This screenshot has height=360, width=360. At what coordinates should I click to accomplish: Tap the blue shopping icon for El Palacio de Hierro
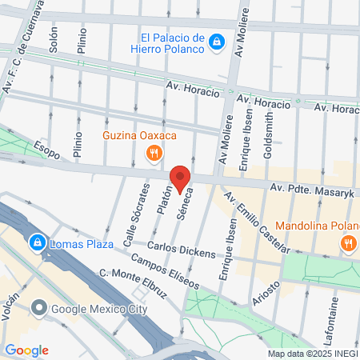point(216,42)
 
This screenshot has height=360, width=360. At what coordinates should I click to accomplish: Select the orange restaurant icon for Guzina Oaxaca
point(156,151)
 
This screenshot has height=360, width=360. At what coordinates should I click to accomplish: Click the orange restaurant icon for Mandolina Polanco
point(348,243)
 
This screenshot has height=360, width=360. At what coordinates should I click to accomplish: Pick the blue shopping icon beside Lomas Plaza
point(37,242)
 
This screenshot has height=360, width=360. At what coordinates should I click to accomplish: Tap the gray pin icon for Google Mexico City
point(37,308)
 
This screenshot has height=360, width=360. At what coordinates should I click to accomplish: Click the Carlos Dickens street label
point(181,250)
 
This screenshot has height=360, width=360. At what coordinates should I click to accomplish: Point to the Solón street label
point(53,40)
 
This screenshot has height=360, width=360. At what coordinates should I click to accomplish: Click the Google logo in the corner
point(26,350)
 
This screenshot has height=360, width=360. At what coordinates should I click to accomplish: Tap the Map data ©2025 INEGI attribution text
point(312,354)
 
